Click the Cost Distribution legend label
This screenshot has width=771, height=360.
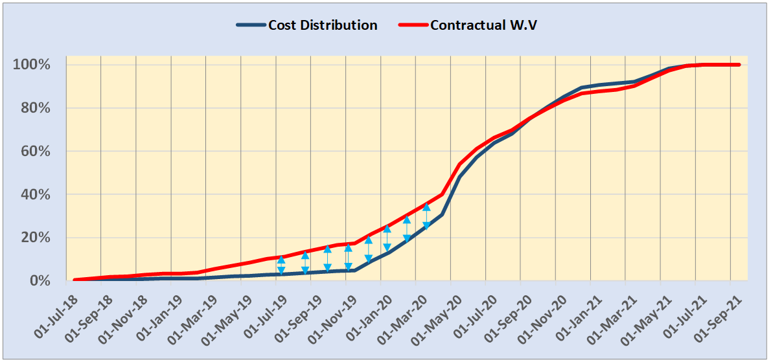click(322, 25)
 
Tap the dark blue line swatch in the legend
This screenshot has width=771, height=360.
click(250, 25)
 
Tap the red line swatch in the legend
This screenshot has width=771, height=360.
click(413, 25)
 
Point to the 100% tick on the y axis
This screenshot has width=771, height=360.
click(31, 65)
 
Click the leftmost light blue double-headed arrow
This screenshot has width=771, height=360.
click(281, 265)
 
